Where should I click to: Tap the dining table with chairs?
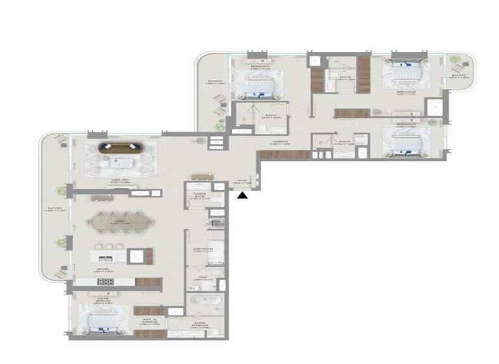point(122,222)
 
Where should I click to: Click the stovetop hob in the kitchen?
point(105,281)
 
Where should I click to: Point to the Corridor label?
point(280,142)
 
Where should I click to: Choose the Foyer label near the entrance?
point(242,182)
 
